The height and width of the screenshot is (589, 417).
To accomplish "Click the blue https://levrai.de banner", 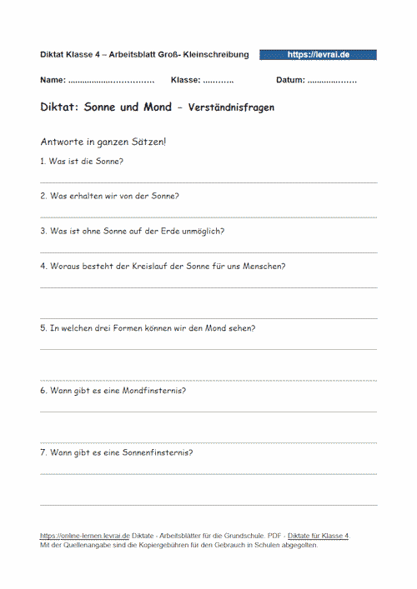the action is pos(318,54).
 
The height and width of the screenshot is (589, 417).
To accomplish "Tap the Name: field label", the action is pos(53,81).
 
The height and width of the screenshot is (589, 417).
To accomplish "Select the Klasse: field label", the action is pos(185,81).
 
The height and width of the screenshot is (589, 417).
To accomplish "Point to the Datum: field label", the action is pos(290,81).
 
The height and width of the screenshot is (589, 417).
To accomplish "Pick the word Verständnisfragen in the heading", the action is pos(232,108).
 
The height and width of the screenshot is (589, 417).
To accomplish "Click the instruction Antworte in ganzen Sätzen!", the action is pos(103,142).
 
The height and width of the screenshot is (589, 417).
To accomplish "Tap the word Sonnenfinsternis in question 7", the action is pos(156,452).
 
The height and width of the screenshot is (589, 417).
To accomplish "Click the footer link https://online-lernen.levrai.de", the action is pos(85,535).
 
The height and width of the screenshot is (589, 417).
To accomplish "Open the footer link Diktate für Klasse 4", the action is pos(318,535).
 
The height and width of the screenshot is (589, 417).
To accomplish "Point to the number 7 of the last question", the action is pos(43,452).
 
